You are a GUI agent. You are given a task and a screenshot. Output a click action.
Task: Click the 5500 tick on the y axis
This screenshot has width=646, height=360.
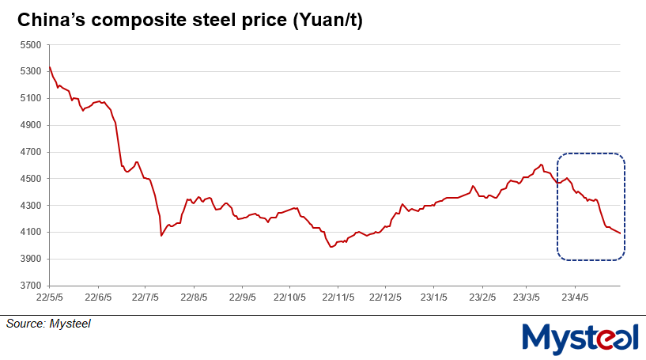click(x=29, y=45)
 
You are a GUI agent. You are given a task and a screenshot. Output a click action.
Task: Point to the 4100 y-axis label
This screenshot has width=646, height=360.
click(x=29, y=233)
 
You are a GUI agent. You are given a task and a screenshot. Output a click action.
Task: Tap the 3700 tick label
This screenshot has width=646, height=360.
click(x=29, y=286)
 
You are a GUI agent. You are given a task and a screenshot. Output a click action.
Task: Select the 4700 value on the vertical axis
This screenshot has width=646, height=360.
click(x=29, y=152)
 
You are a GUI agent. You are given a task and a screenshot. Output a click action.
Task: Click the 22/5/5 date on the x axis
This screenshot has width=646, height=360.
click(x=50, y=299)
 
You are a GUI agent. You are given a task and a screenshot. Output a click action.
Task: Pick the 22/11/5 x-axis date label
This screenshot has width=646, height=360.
click(x=337, y=299)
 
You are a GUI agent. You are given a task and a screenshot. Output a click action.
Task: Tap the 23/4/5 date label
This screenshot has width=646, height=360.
click(x=575, y=299)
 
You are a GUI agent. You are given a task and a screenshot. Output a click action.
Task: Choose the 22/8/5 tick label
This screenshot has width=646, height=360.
click(x=194, y=299)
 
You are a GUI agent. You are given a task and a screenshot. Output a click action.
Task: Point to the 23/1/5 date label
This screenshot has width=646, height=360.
click(x=433, y=299)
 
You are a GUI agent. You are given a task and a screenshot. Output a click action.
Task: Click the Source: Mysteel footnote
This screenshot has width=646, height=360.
click(x=48, y=324)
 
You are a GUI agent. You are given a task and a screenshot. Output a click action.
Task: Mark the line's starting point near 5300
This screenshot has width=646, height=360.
click(x=50, y=66)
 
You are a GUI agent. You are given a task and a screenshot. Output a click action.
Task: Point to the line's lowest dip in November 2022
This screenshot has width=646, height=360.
click(x=331, y=248)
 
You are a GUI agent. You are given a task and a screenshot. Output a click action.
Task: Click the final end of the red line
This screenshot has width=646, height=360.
click(x=620, y=233)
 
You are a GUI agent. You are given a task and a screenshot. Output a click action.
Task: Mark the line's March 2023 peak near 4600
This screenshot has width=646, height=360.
click(x=541, y=165)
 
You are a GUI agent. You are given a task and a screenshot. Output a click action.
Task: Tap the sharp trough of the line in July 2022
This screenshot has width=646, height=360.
click(x=161, y=236)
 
